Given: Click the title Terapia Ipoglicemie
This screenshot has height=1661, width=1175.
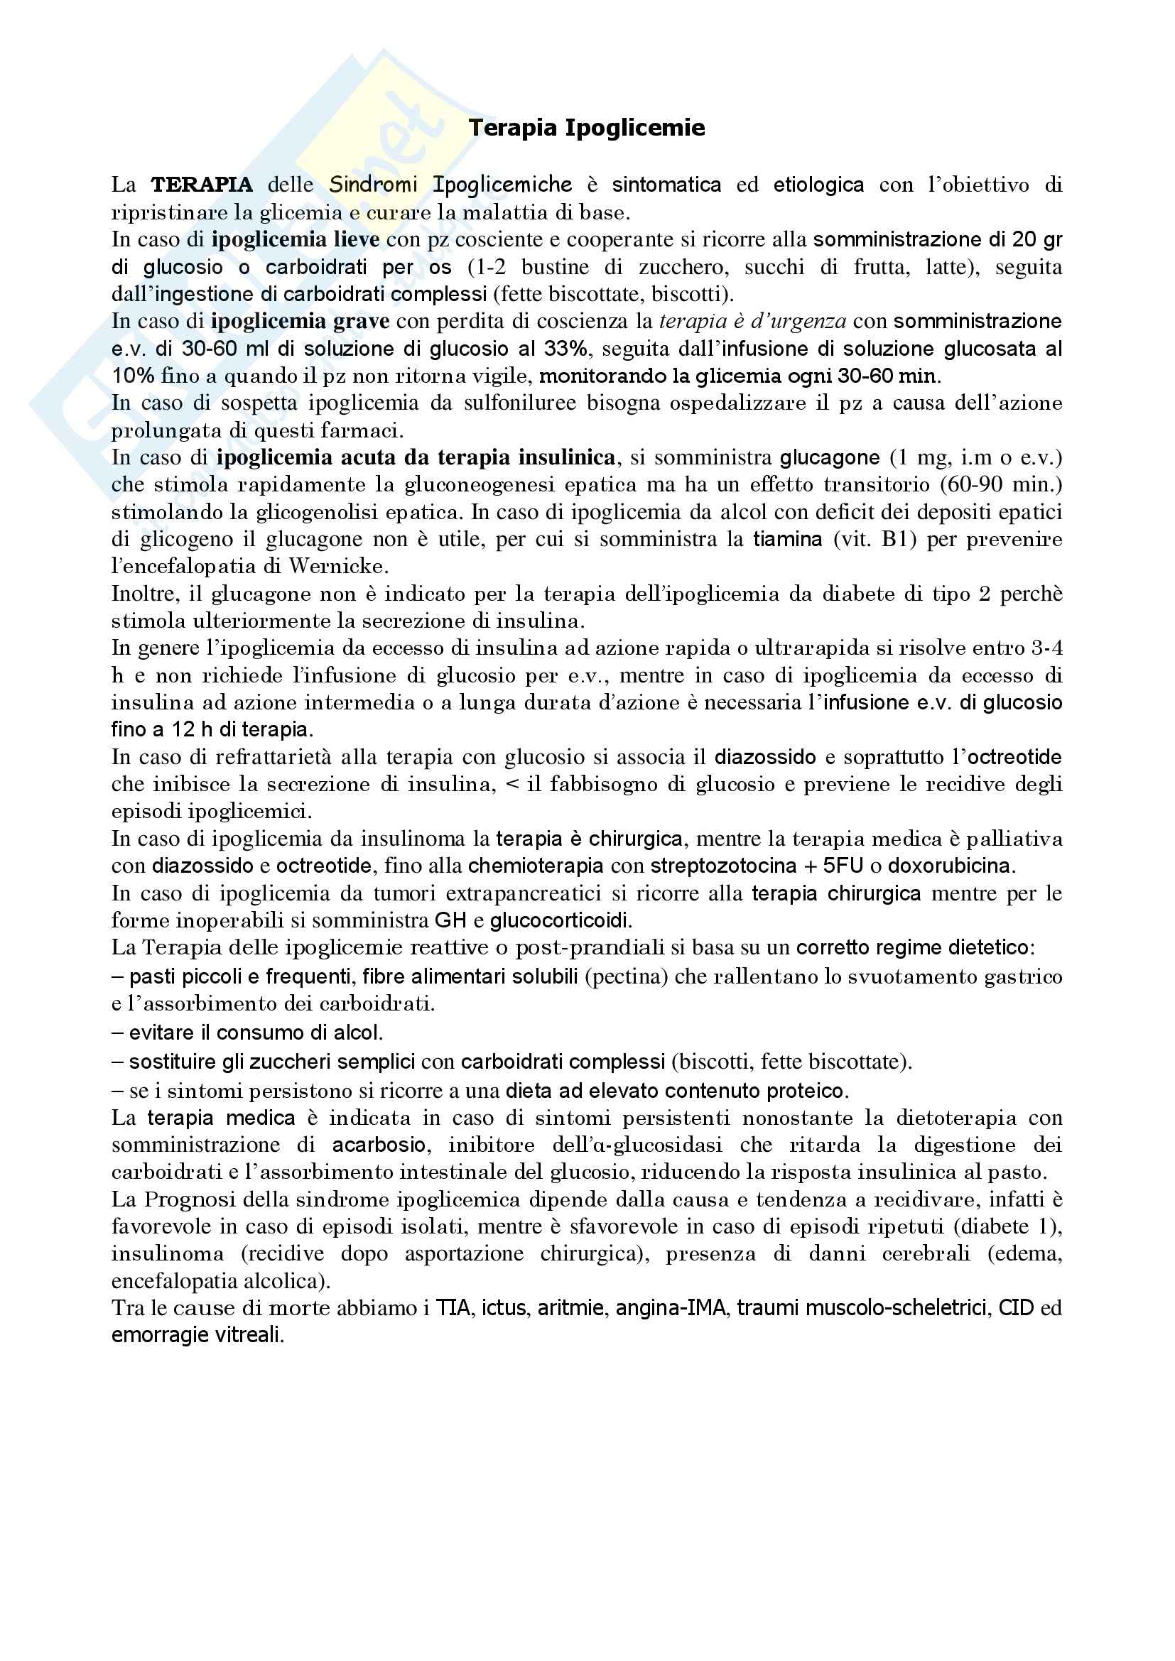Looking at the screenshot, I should (x=587, y=128).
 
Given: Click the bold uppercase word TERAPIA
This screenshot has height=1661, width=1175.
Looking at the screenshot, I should (x=202, y=185).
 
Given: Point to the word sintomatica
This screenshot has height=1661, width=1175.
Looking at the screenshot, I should (x=666, y=185).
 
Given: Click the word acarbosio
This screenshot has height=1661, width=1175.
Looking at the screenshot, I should (x=379, y=1145).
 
